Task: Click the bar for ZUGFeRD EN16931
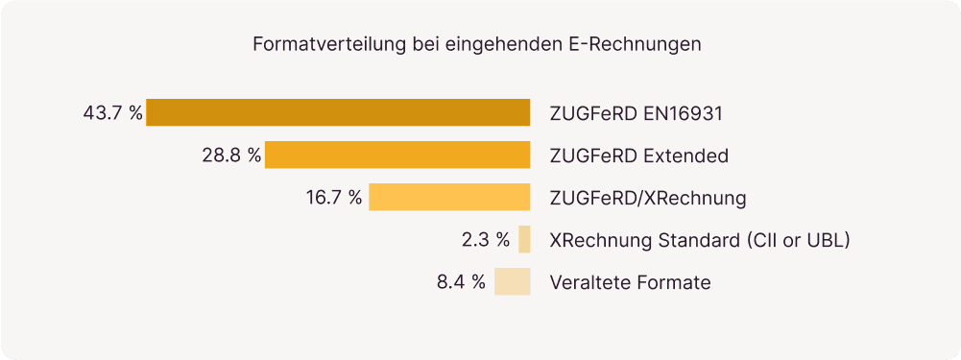click(338, 112)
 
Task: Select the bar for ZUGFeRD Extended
click(397, 155)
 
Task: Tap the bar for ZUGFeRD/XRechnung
click(449, 197)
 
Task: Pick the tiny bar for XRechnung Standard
click(524, 239)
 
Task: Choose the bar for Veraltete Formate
click(513, 281)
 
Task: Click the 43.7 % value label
click(113, 113)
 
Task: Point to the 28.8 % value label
click(231, 156)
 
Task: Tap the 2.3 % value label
click(485, 240)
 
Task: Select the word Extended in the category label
click(685, 156)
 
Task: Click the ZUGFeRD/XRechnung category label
click(648, 198)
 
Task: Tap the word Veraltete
click(590, 282)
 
